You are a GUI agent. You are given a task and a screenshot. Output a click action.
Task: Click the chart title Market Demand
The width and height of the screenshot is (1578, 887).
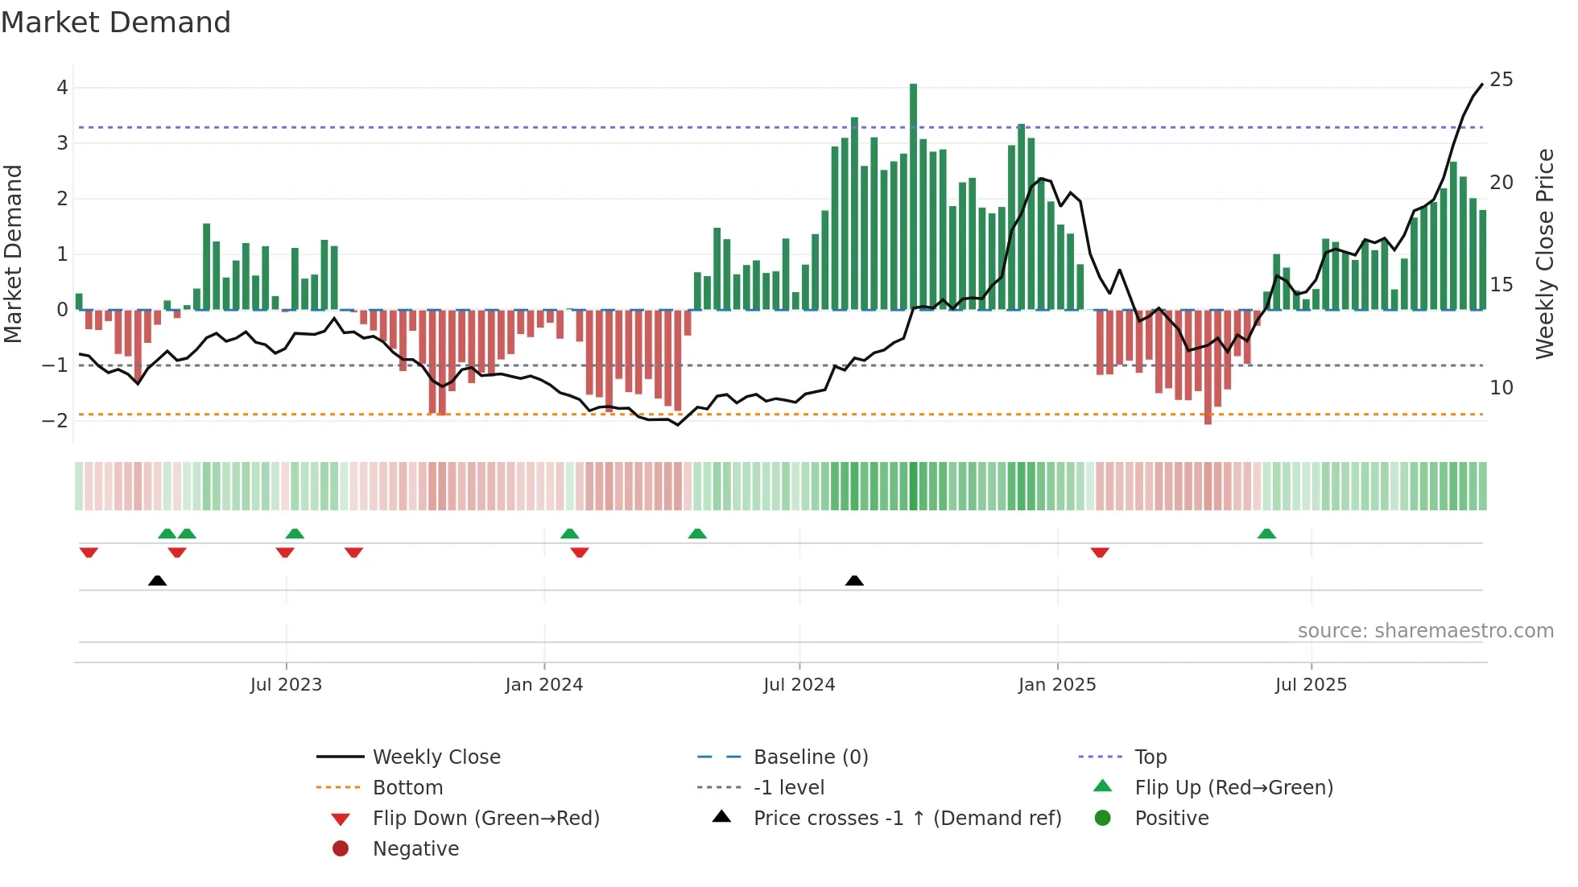point(116,23)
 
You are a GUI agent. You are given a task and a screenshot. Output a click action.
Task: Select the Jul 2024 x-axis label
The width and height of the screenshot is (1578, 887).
point(799,685)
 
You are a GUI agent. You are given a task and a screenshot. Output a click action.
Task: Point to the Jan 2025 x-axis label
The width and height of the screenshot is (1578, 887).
point(1056,685)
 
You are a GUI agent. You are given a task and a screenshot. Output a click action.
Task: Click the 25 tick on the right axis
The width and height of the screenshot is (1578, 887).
point(1501,80)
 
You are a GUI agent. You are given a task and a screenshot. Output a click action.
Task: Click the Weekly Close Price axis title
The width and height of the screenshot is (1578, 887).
point(1544,254)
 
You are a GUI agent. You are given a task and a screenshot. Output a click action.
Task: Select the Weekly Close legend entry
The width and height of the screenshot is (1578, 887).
point(436,757)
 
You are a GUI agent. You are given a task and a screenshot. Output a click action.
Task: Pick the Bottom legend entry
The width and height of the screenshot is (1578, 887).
point(407,788)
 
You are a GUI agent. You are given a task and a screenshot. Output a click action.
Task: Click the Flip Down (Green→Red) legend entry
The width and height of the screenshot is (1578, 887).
point(485,819)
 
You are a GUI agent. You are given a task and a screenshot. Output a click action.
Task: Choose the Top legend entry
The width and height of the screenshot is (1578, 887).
point(1150,757)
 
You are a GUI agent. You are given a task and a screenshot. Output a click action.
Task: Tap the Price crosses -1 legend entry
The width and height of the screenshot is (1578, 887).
point(907,819)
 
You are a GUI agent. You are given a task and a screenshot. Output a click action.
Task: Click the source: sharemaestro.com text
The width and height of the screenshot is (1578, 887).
point(1425,631)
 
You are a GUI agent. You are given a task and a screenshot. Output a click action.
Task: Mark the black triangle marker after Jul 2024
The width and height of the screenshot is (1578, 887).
point(854,580)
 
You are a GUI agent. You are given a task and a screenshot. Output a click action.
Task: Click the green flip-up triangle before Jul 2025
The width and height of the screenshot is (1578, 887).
point(1266,534)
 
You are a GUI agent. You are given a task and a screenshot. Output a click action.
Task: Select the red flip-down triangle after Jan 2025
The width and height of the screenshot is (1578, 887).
point(1100,552)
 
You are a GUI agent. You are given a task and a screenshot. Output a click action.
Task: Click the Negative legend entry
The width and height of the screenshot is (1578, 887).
point(415,849)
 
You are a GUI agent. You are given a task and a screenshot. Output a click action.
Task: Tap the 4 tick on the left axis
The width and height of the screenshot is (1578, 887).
point(62,88)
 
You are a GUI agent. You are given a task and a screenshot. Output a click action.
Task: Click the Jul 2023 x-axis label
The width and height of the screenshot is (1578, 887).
point(286,685)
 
